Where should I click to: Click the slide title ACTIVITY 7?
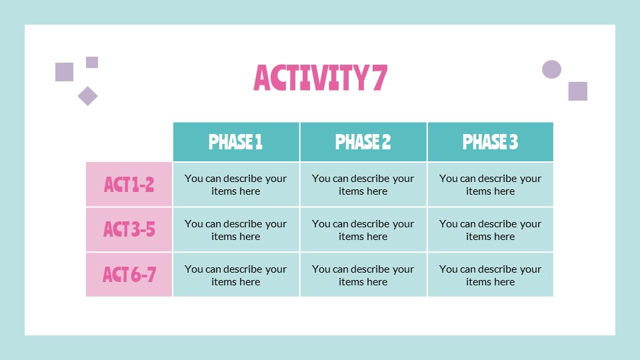(x=320, y=78)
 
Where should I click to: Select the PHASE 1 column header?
(x=236, y=142)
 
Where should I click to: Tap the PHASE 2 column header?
(x=363, y=142)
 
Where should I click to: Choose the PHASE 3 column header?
(x=490, y=142)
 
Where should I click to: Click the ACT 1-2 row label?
(x=129, y=185)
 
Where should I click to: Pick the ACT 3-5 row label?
(x=129, y=230)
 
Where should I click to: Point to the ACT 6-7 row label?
(x=129, y=275)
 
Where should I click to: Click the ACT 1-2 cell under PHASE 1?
(x=236, y=185)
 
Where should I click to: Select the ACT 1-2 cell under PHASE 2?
(x=363, y=185)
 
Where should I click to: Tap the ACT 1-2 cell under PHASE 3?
(x=490, y=185)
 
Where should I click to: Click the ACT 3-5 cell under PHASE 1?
(x=236, y=230)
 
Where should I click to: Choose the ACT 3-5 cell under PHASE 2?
(x=363, y=230)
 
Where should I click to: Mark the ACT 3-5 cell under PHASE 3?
(x=490, y=230)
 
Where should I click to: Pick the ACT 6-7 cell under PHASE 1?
(x=236, y=275)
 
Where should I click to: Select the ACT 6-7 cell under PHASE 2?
(x=363, y=275)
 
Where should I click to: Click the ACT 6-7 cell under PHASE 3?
(x=490, y=275)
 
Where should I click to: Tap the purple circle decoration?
(x=551, y=69)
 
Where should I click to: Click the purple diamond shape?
(x=87, y=96)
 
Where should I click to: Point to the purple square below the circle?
(x=577, y=91)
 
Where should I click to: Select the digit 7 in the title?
(x=378, y=78)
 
